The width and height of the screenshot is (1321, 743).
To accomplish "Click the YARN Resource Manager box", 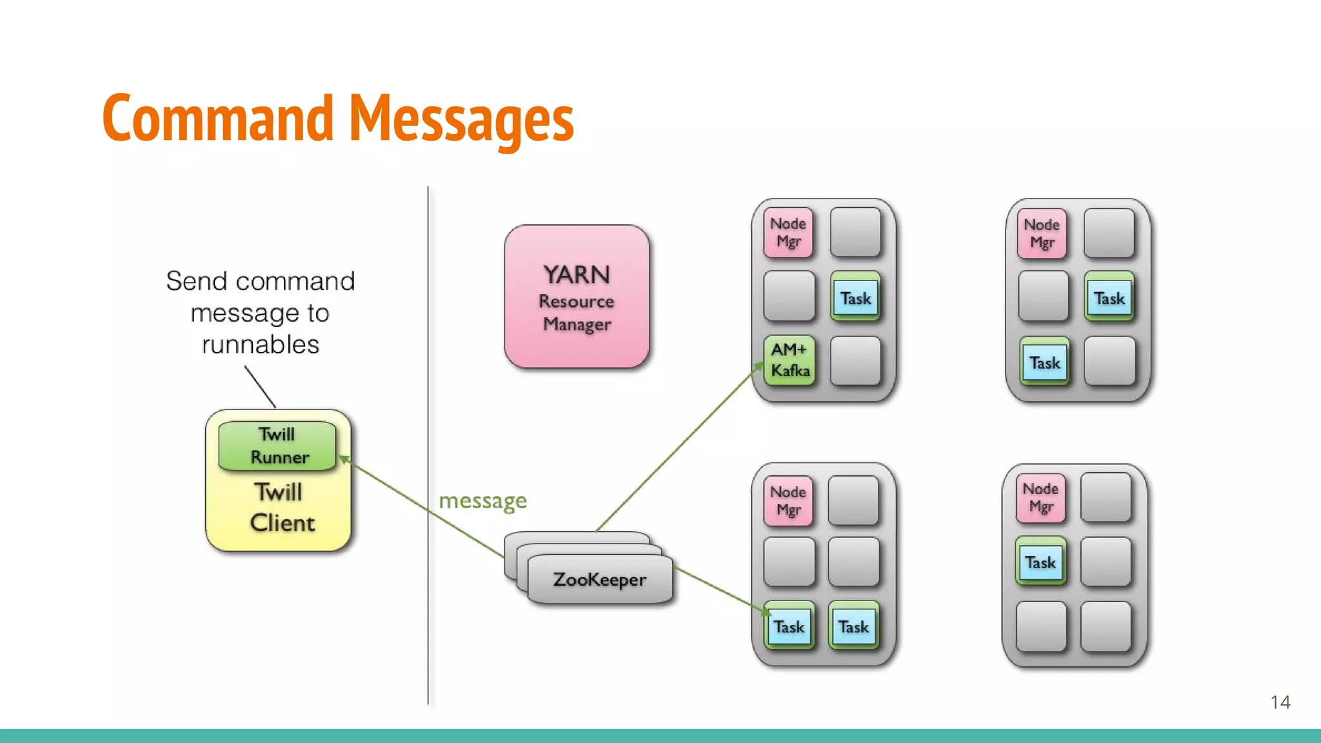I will click(577, 297).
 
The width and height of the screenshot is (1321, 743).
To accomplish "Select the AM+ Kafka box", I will click(790, 360).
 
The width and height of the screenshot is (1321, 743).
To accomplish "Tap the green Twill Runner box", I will click(277, 446).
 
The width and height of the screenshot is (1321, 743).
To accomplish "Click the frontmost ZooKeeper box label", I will click(599, 579).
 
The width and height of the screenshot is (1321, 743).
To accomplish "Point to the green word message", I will click(482, 501).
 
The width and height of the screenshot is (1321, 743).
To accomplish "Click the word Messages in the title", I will click(461, 119).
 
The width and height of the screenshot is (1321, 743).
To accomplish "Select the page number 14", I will click(1280, 702).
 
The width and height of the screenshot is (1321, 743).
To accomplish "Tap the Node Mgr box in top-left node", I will click(788, 232).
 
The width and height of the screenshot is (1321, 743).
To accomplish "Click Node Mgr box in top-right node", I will click(1042, 233).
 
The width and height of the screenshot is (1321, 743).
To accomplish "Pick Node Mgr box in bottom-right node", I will click(1040, 497).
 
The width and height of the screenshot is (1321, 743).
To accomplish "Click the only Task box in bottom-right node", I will click(1040, 562).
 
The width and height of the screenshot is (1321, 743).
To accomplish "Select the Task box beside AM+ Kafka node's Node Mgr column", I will click(855, 298).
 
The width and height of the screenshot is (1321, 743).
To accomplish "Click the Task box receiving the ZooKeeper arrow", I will click(789, 626).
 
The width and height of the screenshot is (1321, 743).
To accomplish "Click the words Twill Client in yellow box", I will click(279, 508).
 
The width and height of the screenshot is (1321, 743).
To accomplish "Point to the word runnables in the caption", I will click(261, 344).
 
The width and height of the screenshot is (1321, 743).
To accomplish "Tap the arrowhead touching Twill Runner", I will click(344, 459).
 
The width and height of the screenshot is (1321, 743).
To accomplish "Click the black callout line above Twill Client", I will click(260, 387).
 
